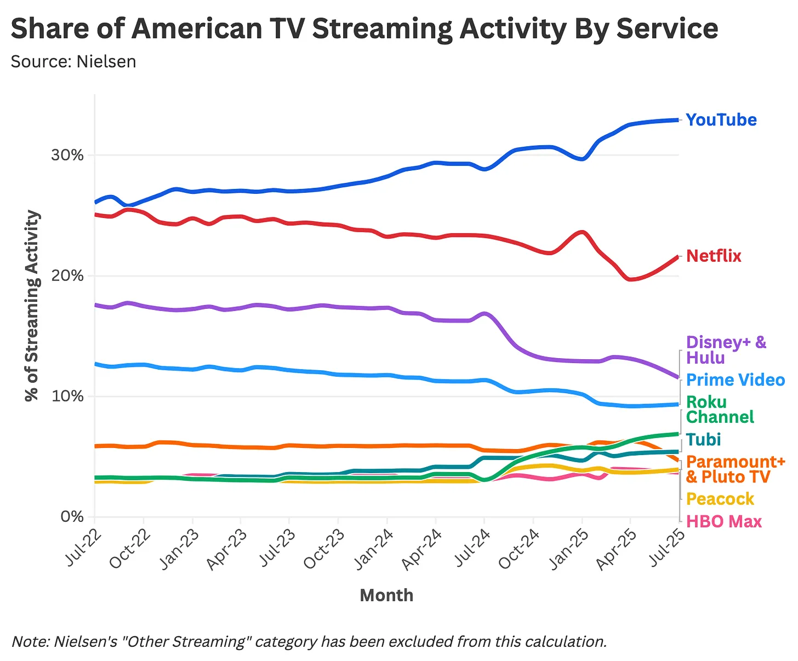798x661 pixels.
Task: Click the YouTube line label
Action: click(x=721, y=120)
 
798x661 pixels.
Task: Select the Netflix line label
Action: click(x=713, y=256)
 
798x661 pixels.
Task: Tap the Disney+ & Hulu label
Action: click(x=726, y=350)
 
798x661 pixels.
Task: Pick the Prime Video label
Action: click(x=735, y=380)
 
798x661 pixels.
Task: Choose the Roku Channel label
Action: click(x=719, y=410)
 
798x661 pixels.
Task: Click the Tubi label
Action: click(x=703, y=440)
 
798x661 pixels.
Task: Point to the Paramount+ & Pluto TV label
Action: click(x=735, y=469)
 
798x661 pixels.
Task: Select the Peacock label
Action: click(x=720, y=499)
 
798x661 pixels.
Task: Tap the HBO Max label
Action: click(x=723, y=521)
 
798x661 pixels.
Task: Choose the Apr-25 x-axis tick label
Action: click(x=617, y=549)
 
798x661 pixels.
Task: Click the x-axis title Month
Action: click(x=386, y=595)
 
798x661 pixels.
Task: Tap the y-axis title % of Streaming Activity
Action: click(x=33, y=306)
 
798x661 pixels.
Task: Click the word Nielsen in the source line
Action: click(x=106, y=61)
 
